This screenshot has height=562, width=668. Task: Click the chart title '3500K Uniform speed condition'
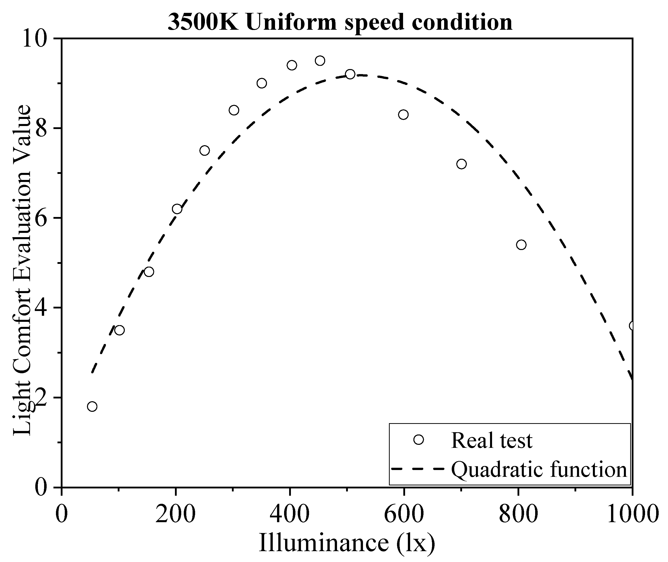pyautogui.click(x=340, y=22)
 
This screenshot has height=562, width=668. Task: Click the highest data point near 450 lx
pyautogui.click(x=320, y=60)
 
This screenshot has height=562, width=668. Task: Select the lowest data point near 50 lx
pyautogui.click(x=92, y=407)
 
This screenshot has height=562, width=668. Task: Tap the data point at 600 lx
pyautogui.click(x=403, y=114)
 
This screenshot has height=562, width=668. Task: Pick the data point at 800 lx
pyautogui.click(x=521, y=245)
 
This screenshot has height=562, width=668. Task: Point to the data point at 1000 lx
pyautogui.click(x=632, y=326)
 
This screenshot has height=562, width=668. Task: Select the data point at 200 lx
pyautogui.click(x=177, y=209)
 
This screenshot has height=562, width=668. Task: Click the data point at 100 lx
pyautogui.click(x=119, y=330)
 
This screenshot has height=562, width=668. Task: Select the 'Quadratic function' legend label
pyautogui.click(x=539, y=469)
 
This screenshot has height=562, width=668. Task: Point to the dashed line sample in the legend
pyautogui.click(x=417, y=469)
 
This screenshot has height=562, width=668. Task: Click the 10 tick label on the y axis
pyautogui.click(x=35, y=40)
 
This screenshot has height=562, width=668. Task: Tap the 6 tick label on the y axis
pyautogui.click(x=41, y=218)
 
